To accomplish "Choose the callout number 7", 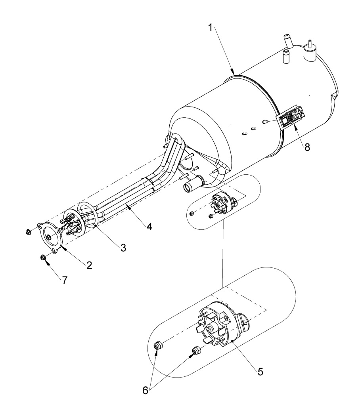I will pyautogui.click(x=63, y=279).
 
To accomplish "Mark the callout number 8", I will pyautogui.click(x=307, y=147).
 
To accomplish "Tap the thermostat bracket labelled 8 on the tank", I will pyautogui.click(x=292, y=118).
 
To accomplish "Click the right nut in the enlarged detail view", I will pyautogui.click(x=196, y=351).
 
